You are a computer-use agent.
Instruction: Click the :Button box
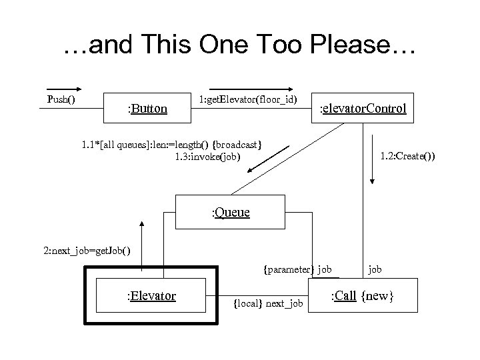pos(147,108)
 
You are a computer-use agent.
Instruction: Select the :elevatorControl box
pos(363,108)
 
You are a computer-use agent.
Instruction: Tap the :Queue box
pos(231,213)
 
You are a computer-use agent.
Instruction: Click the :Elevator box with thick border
pos(152,295)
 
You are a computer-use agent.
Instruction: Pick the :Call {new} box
pos(363,295)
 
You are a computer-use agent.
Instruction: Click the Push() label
pos(61,100)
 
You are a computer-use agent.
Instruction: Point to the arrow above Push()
pos(64,88)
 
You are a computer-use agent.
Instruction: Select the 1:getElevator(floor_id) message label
pos(248,100)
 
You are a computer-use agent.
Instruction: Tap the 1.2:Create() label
pos(407,157)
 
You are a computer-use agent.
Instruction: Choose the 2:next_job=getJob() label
pos(87,251)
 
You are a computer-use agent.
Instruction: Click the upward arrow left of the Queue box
pos(142,233)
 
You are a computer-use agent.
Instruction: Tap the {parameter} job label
pos(297,270)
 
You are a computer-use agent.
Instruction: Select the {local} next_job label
pos(268,304)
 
